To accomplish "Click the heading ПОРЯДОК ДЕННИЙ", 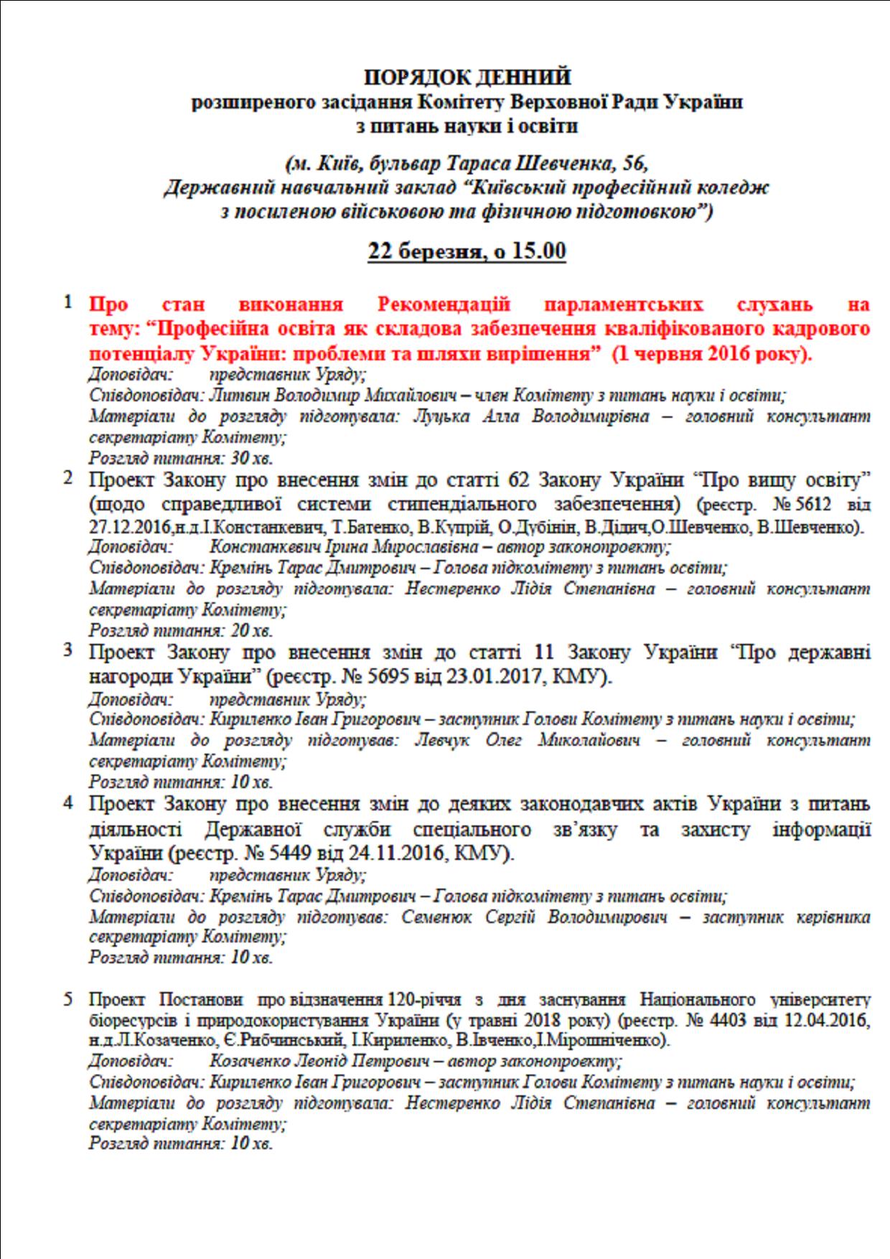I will [x=467, y=77].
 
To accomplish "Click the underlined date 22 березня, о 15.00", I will [x=467, y=251].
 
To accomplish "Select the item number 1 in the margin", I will [x=68, y=302].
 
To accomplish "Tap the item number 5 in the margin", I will [x=68, y=998].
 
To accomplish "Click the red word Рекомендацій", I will [x=444, y=304].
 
